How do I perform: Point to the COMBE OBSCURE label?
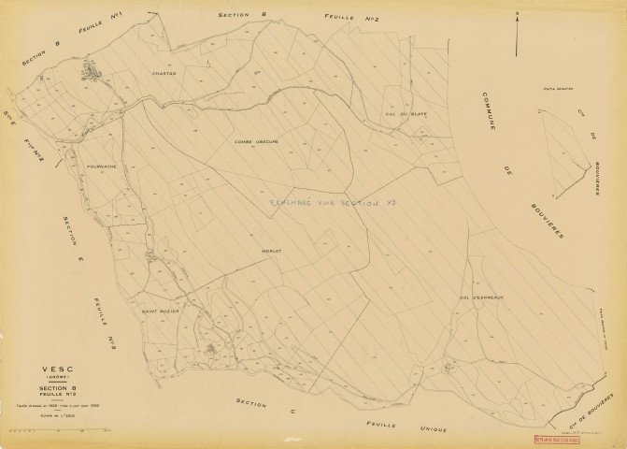[256, 141]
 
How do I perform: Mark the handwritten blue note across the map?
[322, 203]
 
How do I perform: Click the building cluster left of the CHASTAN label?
[93, 68]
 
